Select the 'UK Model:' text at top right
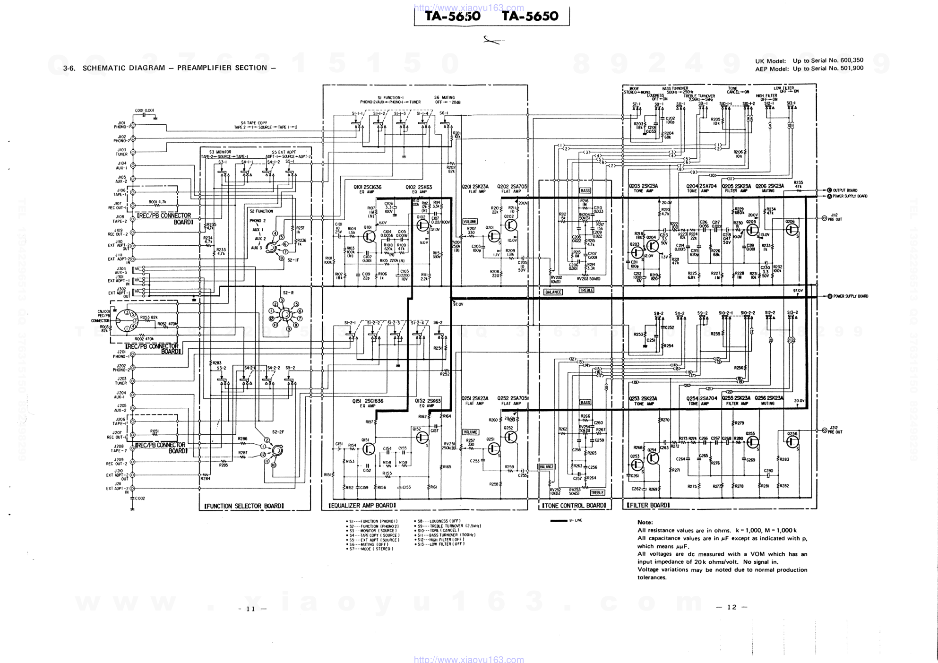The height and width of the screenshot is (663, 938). [x=770, y=61]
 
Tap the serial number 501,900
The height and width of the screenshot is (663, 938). [x=851, y=69]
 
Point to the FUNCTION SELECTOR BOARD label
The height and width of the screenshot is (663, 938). [x=244, y=506]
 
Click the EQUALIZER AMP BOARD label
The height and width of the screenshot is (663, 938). [x=362, y=506]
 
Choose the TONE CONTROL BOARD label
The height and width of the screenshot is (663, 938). [x=574, y=506]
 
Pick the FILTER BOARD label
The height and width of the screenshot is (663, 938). [x=648, y=506]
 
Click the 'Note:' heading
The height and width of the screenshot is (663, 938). [x=645, y=522]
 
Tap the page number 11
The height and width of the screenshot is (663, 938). [x=250, y=609]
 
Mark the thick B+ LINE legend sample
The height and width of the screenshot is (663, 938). [x=559, y=521]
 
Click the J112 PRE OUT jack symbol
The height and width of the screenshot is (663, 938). [x=824, y=218]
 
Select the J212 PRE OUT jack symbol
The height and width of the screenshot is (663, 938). [x=824, y=431]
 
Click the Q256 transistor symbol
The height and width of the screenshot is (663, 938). [x=792, y=441]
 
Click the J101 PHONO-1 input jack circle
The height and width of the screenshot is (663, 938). [x=133, y=125]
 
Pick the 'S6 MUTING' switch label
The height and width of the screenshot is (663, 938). [x=444, y=98]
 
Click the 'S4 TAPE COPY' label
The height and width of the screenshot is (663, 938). [x=254, y=123]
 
